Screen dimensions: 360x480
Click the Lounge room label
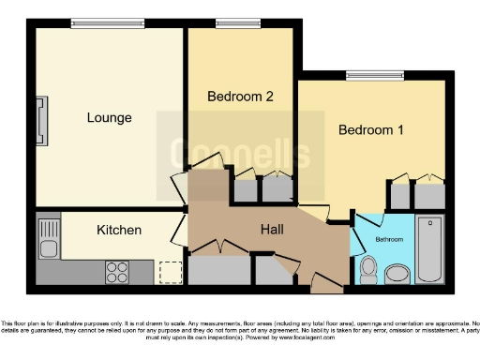109,118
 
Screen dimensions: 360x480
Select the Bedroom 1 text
371,130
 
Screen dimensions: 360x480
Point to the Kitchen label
119,230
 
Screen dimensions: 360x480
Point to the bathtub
430,247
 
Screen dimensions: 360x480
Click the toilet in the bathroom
369,270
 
